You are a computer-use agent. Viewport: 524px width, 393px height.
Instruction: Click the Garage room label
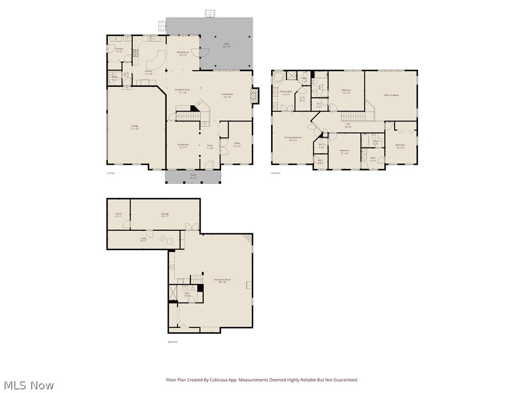click(x=135, y=127)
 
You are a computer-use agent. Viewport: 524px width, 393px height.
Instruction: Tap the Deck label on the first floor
click(x=226, y=45)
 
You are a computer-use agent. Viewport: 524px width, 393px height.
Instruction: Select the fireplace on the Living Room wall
click(x=255, y=96)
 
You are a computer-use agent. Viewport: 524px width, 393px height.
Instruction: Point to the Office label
click(x=237, y=144)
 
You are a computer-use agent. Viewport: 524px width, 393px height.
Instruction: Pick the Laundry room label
click(x=119, y=50)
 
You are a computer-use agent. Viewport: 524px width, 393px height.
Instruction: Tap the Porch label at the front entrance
click(x=193, y=176)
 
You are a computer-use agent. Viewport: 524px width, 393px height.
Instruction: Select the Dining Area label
click(x=183, y=146)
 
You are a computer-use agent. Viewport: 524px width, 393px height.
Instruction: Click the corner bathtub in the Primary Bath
click(x=278, y=77)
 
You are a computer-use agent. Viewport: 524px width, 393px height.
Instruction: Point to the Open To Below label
click(x=391, y=95)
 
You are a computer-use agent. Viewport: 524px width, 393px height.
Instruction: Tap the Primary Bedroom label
click(x=293, y=138)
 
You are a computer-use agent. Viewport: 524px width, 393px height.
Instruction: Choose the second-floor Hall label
click(x=348, y=125)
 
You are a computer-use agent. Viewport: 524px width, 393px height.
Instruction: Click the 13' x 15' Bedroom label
click(x=346, y=91)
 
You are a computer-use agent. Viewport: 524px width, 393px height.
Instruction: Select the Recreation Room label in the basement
click(x=222, y=280)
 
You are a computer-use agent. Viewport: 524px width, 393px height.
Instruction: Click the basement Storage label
click(x=165, y=214)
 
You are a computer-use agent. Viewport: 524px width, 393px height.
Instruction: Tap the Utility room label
click(x=144, y=239)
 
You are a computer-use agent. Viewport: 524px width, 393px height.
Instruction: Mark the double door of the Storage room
click(x=191, y=227)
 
